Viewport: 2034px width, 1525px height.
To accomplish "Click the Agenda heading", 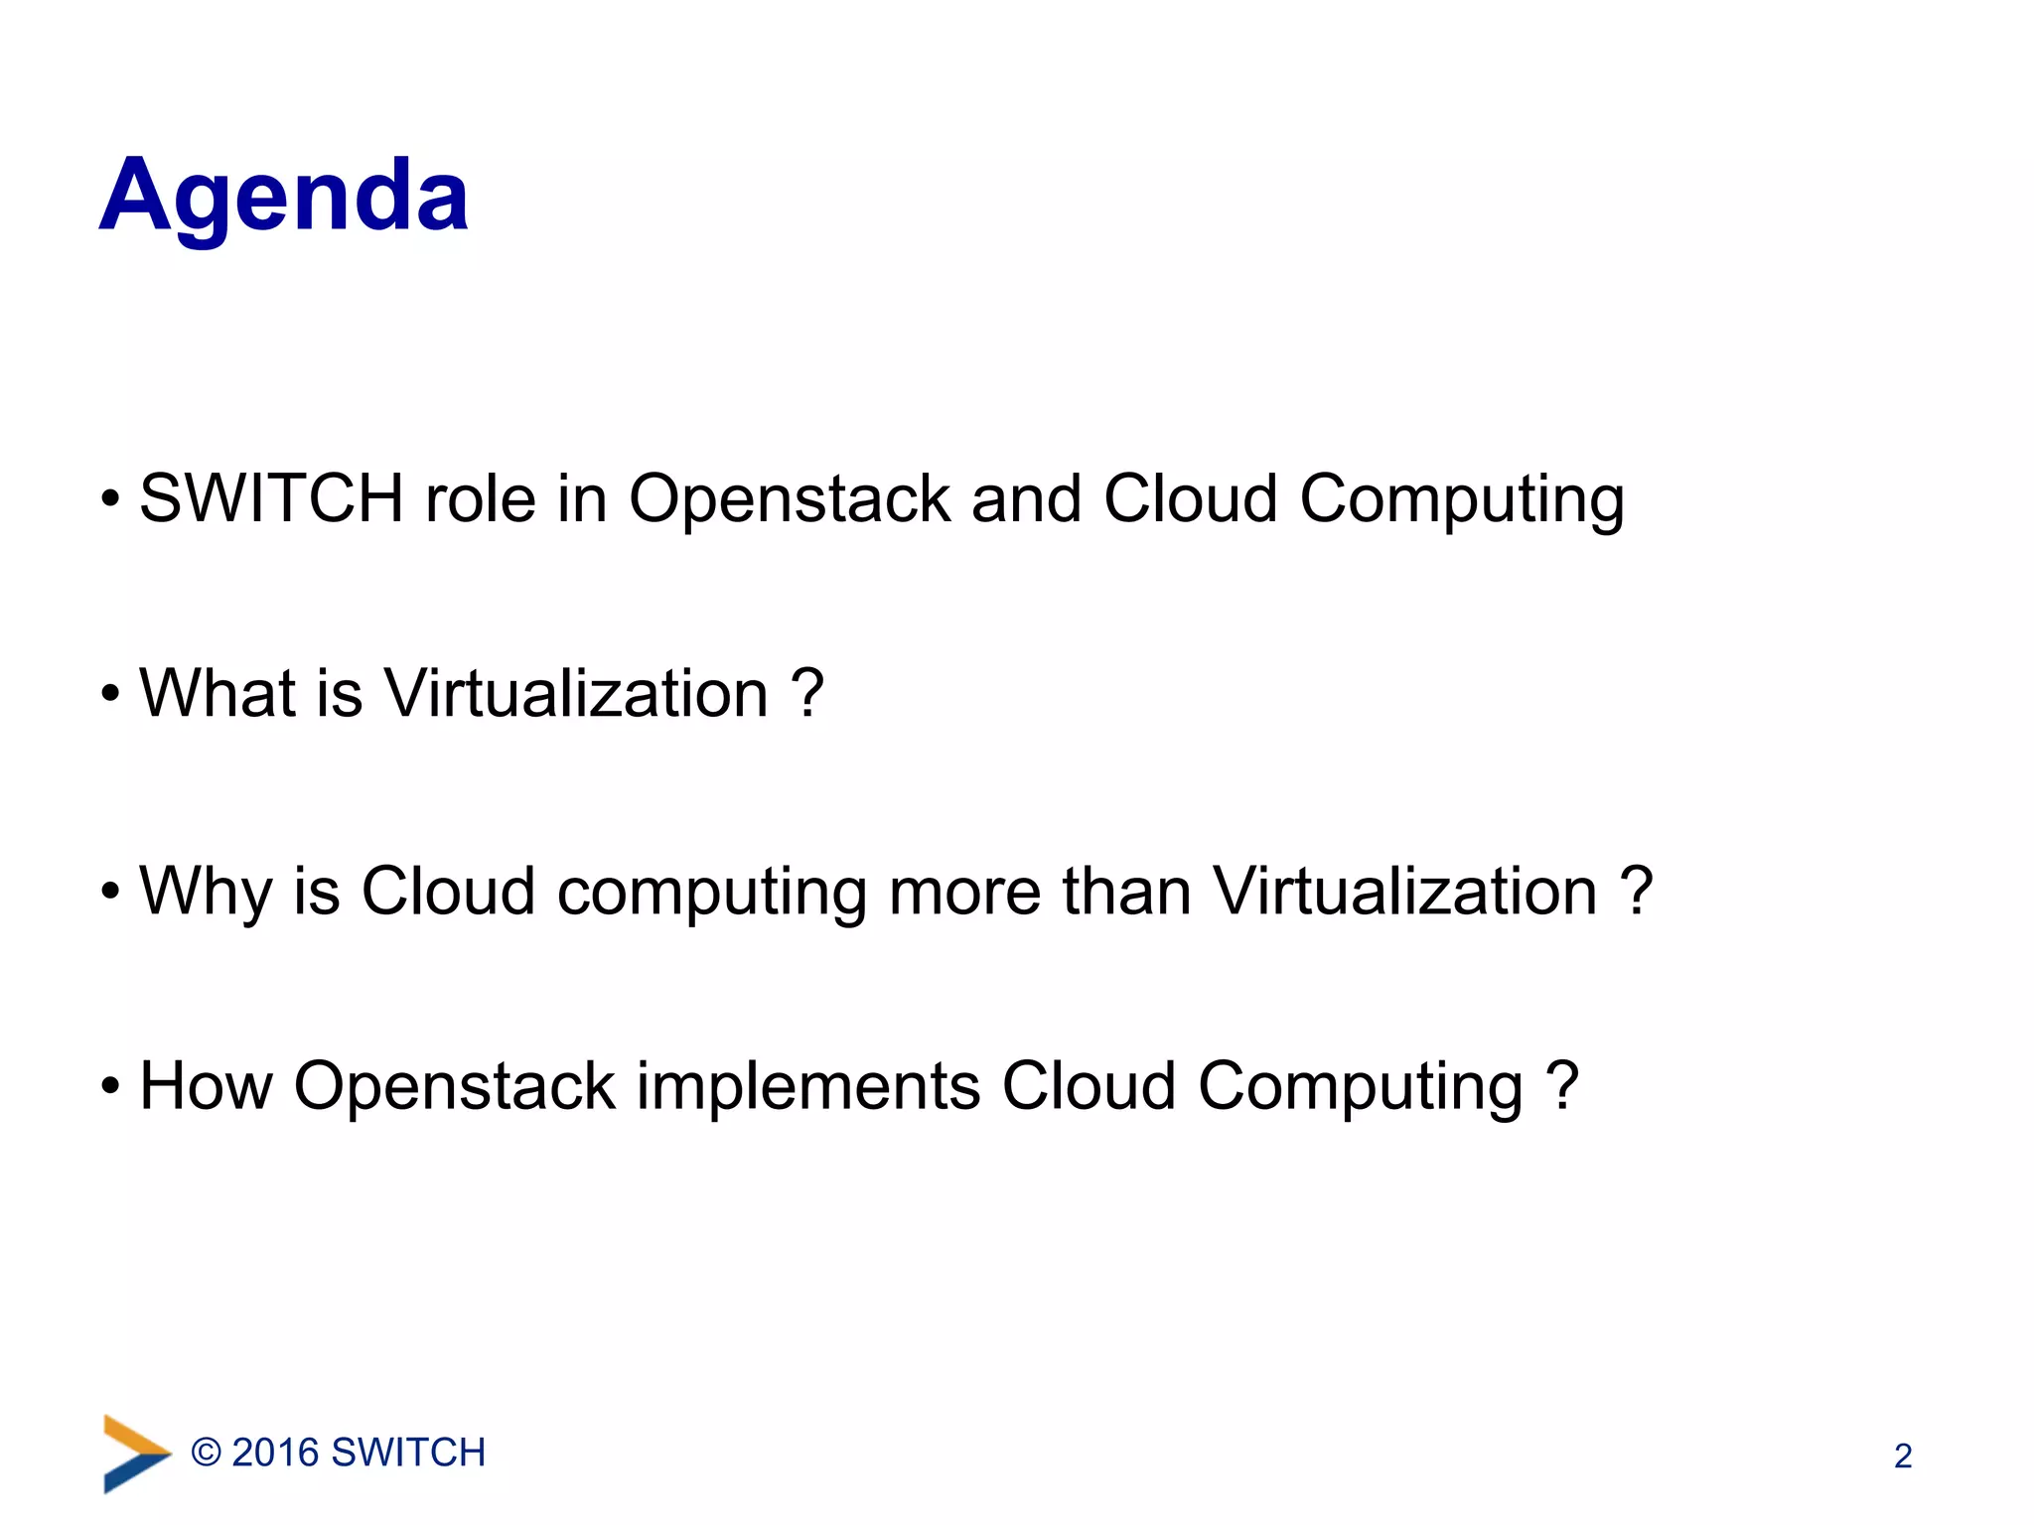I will [284, 197].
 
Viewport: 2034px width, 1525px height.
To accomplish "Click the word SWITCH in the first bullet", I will [270, 497].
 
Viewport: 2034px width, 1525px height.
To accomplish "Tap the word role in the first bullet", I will [480, 497].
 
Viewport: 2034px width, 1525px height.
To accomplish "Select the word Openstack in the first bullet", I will [790, 499].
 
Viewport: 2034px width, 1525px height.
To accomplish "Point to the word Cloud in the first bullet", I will [1190, 497].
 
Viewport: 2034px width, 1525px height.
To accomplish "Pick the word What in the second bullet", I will [217, 692].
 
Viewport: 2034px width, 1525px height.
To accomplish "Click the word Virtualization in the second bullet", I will [576, 692].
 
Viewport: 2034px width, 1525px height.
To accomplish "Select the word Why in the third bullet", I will [205, 892].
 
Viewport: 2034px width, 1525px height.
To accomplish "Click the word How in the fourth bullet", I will [206, 1085].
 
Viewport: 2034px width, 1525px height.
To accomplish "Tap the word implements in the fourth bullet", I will [807, 1087].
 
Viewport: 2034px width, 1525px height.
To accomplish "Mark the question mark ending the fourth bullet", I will [1562, 1085].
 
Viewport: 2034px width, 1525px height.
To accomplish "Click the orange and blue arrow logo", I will [135, 1454].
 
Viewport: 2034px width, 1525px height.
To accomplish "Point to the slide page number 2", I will [1902, 1456].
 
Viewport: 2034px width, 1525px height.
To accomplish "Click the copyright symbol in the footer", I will [206, 1453].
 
